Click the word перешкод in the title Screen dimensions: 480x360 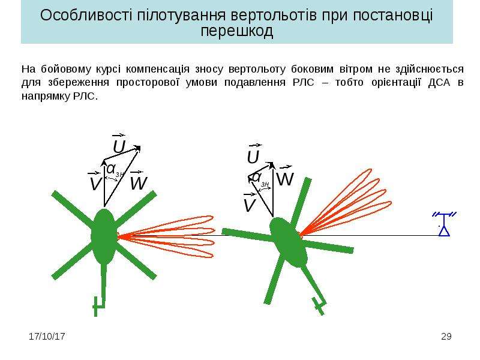point(236,32)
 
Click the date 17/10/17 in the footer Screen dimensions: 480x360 point(47,337)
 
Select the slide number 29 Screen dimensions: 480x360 point(446,337)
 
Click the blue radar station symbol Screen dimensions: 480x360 point(444,224)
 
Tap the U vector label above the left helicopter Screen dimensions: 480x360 point(119,144)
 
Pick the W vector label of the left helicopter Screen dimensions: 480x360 point(139,181)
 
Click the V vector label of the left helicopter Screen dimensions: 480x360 point(95,181)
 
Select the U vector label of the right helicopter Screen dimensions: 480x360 point(253,154)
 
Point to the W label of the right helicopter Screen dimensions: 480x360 point(285,176)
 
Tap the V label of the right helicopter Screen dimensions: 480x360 point(249,203)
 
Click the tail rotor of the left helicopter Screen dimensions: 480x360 point(97,306)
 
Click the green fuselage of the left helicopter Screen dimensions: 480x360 point(104,236)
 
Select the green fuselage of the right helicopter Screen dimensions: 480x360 point(288,242)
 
